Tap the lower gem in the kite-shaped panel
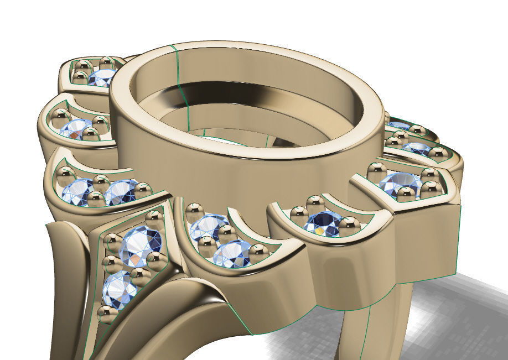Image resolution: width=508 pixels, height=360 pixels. point(119,289)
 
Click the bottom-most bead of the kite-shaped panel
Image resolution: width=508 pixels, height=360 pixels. point(103,314)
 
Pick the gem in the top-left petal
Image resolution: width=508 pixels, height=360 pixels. point(101,77)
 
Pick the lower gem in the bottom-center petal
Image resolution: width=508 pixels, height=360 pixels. point(231,253)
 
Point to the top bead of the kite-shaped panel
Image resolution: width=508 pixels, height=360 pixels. point(154,219)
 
